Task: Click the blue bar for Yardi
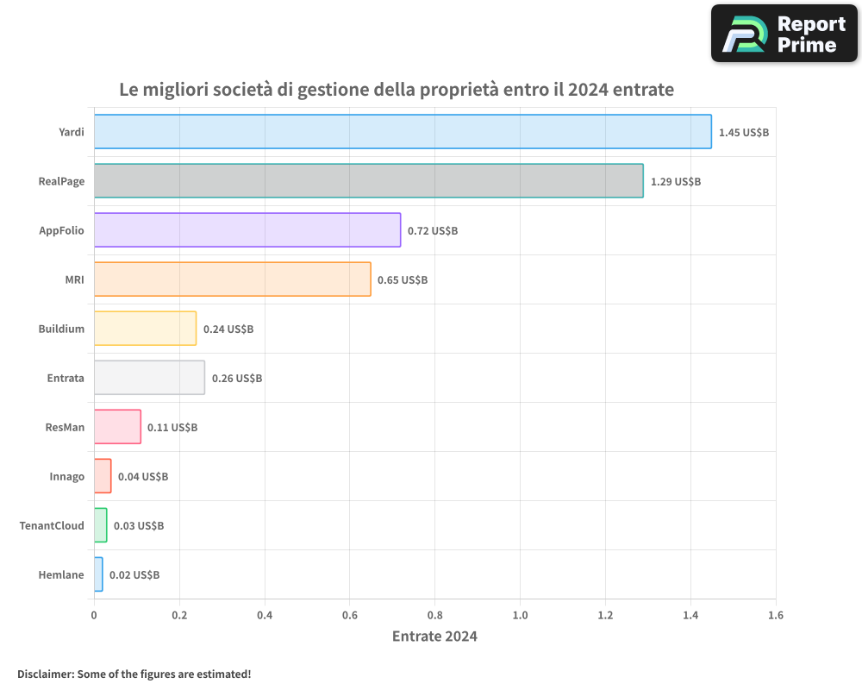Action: tap(403, 132)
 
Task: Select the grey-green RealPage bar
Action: tap(368, 181)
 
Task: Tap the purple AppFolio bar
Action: tap(247, 230)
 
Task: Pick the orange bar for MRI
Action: tap(232, 279)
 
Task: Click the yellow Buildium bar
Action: tap(145, 329)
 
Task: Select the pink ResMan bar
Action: tap(117, 427)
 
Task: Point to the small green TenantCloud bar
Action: tap(100, 525)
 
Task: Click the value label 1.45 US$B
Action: tap(743, 133)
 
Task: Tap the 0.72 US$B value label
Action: tap(432, 231)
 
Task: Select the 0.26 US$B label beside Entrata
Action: tap(236, 379)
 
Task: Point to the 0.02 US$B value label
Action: tap(134, 575)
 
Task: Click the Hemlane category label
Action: tap(61, 575)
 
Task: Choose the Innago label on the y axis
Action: tap(66, 477)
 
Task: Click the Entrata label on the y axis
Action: tap(66, 379)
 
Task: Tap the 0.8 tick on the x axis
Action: tap(434, 616)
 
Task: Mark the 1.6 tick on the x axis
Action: tap(775, 616)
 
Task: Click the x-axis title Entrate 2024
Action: tap(434, 637)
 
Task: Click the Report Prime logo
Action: tap(784, 33)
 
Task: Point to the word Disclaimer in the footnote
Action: tap(45, 674)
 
